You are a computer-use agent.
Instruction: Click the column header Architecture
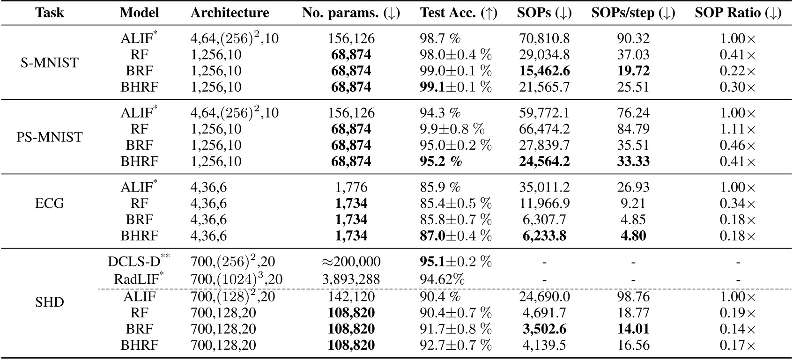point(230,13)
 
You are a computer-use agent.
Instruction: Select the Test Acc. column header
point(458,13)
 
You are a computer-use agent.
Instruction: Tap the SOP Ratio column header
point(738,13)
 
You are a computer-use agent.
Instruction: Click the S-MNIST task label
point(50,63)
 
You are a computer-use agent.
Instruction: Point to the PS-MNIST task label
point(50,137)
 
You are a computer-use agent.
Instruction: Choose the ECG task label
point(50,204)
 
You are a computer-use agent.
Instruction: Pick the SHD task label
point(50,302)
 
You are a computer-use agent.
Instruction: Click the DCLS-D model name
point(139,261)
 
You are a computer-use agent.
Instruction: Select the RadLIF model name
point(139,279)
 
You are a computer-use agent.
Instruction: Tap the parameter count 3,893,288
point(351,279)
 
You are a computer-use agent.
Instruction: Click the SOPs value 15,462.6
point(544,71)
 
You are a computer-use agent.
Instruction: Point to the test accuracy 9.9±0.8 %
point(455,129)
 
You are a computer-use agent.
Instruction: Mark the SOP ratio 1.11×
point(738,129)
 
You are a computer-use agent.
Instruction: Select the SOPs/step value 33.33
point(633,162)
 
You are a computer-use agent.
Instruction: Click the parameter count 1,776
point(351,187)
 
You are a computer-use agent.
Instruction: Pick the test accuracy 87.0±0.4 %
point(455,235)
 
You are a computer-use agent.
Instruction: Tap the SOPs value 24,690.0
point(544,296)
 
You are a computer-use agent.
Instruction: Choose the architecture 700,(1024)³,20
point(237,279)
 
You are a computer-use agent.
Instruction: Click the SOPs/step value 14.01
point(633,329)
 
